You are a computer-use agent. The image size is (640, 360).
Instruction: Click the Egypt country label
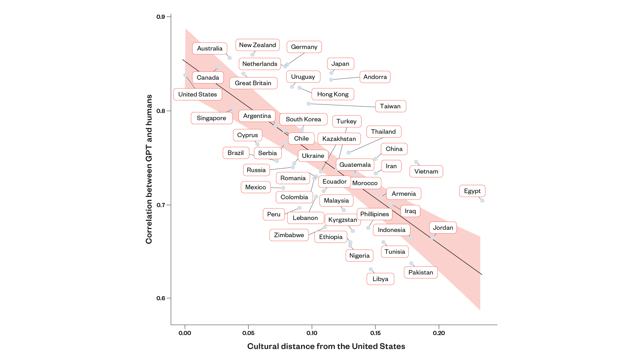tap(472, 191)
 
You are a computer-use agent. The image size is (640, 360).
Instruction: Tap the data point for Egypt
tap(482, 201)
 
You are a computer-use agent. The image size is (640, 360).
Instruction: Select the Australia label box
tap(209, 48)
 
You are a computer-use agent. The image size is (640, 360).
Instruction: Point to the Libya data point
tap(371, 269)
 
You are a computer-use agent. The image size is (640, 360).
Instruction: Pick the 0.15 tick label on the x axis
tap(375, 333)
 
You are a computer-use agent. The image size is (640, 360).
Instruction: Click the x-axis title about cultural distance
tap(326, 346)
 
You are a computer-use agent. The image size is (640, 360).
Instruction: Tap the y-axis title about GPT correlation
tap(149, 169)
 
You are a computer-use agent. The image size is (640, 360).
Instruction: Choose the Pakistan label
tap(420, 272)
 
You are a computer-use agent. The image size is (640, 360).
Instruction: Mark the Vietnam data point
tap(416, 162)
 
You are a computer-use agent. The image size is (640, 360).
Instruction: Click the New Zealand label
tap(257, 45)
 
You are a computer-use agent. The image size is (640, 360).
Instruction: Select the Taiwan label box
tap(390, 106)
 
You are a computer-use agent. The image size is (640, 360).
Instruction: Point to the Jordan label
tap(443, 228)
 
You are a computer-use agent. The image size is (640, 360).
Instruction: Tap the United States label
tap(197, 94)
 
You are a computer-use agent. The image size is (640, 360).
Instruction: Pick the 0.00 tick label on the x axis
tap(185, 333)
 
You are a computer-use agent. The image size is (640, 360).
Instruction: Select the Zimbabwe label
tap(289, 235)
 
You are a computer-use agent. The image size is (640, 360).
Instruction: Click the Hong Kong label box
tap(333, 94)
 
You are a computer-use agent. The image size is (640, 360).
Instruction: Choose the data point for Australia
tap(230, 58)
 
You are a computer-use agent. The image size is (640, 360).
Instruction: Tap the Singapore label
tap(211, 118)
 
